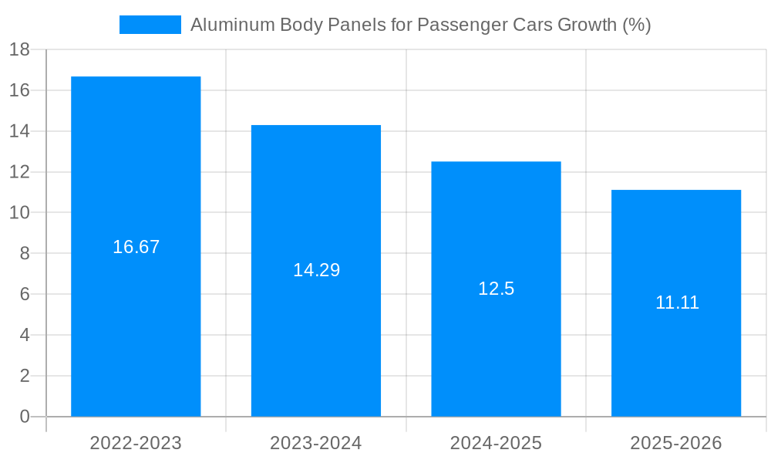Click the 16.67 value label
(136, 247)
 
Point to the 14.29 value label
(316, 270)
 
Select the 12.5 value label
(496, 289)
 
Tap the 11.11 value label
(677, 302)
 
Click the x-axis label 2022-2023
(136, 443)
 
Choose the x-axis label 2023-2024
(316, 443)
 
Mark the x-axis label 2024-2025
(496, 443)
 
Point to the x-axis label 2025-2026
(676, 443)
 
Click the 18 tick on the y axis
(19, 50)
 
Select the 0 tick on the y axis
(24, 417)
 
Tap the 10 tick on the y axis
(19, 213)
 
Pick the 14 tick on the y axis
(19, 131)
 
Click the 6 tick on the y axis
(24, 295)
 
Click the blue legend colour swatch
(150, 25)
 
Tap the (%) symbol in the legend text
(636, 25)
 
